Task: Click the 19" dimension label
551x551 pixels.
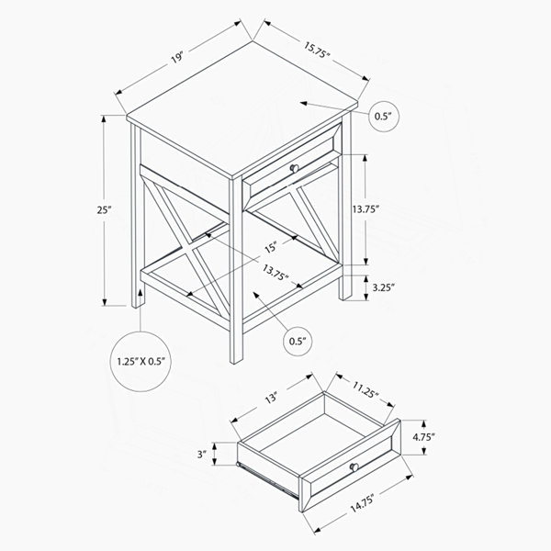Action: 178,57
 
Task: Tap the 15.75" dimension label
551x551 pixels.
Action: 317,51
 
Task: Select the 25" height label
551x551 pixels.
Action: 104,210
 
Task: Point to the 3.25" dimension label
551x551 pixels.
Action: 384,287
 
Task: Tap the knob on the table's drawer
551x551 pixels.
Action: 294,169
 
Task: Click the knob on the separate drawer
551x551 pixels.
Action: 354,467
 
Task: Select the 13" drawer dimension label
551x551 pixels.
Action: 271,399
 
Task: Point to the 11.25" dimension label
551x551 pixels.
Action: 365,390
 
